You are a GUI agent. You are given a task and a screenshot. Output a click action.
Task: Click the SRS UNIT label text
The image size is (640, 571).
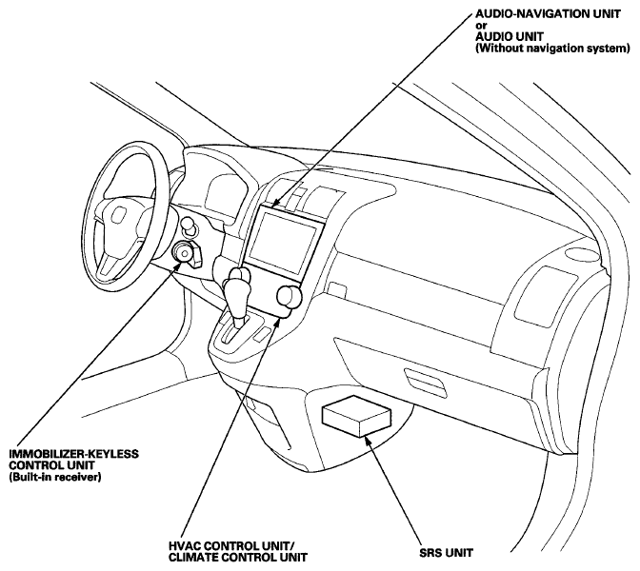click(446, 553)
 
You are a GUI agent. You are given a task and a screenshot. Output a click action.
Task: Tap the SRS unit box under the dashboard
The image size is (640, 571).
click(356, 416)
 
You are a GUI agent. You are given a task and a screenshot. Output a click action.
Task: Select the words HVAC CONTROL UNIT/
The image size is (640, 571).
click(231, 546)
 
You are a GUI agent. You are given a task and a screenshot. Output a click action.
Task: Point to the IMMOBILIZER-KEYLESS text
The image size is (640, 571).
click(74, 454)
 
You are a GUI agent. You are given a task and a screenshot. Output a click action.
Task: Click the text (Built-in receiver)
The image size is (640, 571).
click(54, 477)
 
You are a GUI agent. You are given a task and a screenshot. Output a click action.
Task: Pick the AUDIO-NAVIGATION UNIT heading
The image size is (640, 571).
click(548, 13)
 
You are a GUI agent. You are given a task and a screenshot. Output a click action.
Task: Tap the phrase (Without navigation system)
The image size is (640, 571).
click(552, 49)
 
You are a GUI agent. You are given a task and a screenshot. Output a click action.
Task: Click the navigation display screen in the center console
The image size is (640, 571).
click(283, 245)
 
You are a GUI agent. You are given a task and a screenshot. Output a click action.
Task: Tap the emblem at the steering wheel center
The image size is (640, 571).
click(119, 215)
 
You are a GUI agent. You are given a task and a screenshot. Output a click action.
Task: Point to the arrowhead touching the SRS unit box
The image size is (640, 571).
click(366, 440)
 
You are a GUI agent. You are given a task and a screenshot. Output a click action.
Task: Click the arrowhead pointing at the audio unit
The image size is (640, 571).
click(275, 204)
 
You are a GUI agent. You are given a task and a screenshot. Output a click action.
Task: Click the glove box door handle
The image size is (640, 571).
click(426, 383)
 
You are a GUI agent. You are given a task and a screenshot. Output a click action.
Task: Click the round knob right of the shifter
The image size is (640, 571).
click(290, 295)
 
